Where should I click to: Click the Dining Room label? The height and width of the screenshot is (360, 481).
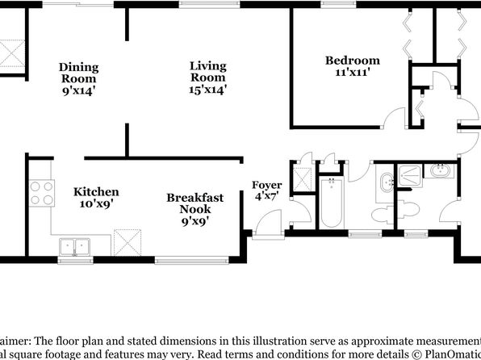79,79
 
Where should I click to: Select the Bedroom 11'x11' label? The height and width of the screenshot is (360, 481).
353,66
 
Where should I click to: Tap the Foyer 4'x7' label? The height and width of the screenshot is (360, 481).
266,190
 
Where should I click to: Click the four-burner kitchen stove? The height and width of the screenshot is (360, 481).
42,193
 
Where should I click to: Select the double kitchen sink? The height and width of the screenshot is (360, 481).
74,247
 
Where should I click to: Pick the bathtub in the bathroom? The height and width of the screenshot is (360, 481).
332,203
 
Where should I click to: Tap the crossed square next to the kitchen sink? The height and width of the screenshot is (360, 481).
128,242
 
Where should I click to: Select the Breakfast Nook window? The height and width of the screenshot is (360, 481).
191,261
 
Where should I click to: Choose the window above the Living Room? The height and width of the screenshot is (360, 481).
210,4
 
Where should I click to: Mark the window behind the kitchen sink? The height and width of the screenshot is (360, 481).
76,261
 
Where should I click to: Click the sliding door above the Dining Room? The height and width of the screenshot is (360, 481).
78,4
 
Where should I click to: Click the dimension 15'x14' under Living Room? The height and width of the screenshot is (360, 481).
208,90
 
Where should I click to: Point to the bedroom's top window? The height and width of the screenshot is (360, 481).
339,4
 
